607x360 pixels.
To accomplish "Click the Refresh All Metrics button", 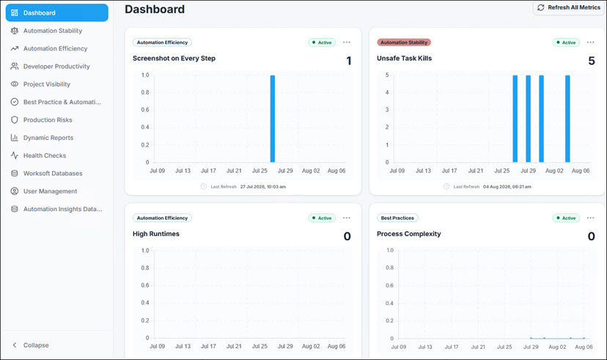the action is [x=568, y=8].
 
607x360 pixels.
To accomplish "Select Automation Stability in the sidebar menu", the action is [x=53, y=31].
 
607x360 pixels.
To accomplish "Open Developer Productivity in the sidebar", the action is [x=56, y=66].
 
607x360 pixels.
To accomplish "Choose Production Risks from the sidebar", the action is [x=48, y=120].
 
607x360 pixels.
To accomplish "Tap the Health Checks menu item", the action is [x=45, y=155].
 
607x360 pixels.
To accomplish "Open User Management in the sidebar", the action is [x=50, y=191].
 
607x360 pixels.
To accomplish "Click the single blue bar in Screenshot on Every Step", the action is [x=273, y=119].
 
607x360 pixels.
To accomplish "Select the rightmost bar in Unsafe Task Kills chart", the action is [x=567, y=119].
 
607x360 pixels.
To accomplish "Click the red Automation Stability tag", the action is [x=404, y=43].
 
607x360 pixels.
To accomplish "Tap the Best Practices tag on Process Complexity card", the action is [x=397, y=218].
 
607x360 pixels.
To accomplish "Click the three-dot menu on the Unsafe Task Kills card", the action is [x=590, y=43].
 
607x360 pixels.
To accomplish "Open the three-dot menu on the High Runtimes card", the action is [x=347, y=218].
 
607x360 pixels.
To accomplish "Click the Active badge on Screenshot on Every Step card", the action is [x=322, y=43].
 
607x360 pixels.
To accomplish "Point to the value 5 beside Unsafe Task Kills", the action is [x=592, y=61].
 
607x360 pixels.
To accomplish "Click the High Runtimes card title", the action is [x=156, y=234].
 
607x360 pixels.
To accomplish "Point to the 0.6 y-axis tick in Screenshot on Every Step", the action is [x=145, y=109].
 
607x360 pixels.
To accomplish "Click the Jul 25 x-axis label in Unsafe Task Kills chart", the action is [x=501, y=171].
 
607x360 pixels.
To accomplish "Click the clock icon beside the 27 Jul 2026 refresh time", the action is [x=203, y=186].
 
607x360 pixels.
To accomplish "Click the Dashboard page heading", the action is [x=155, y=10].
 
